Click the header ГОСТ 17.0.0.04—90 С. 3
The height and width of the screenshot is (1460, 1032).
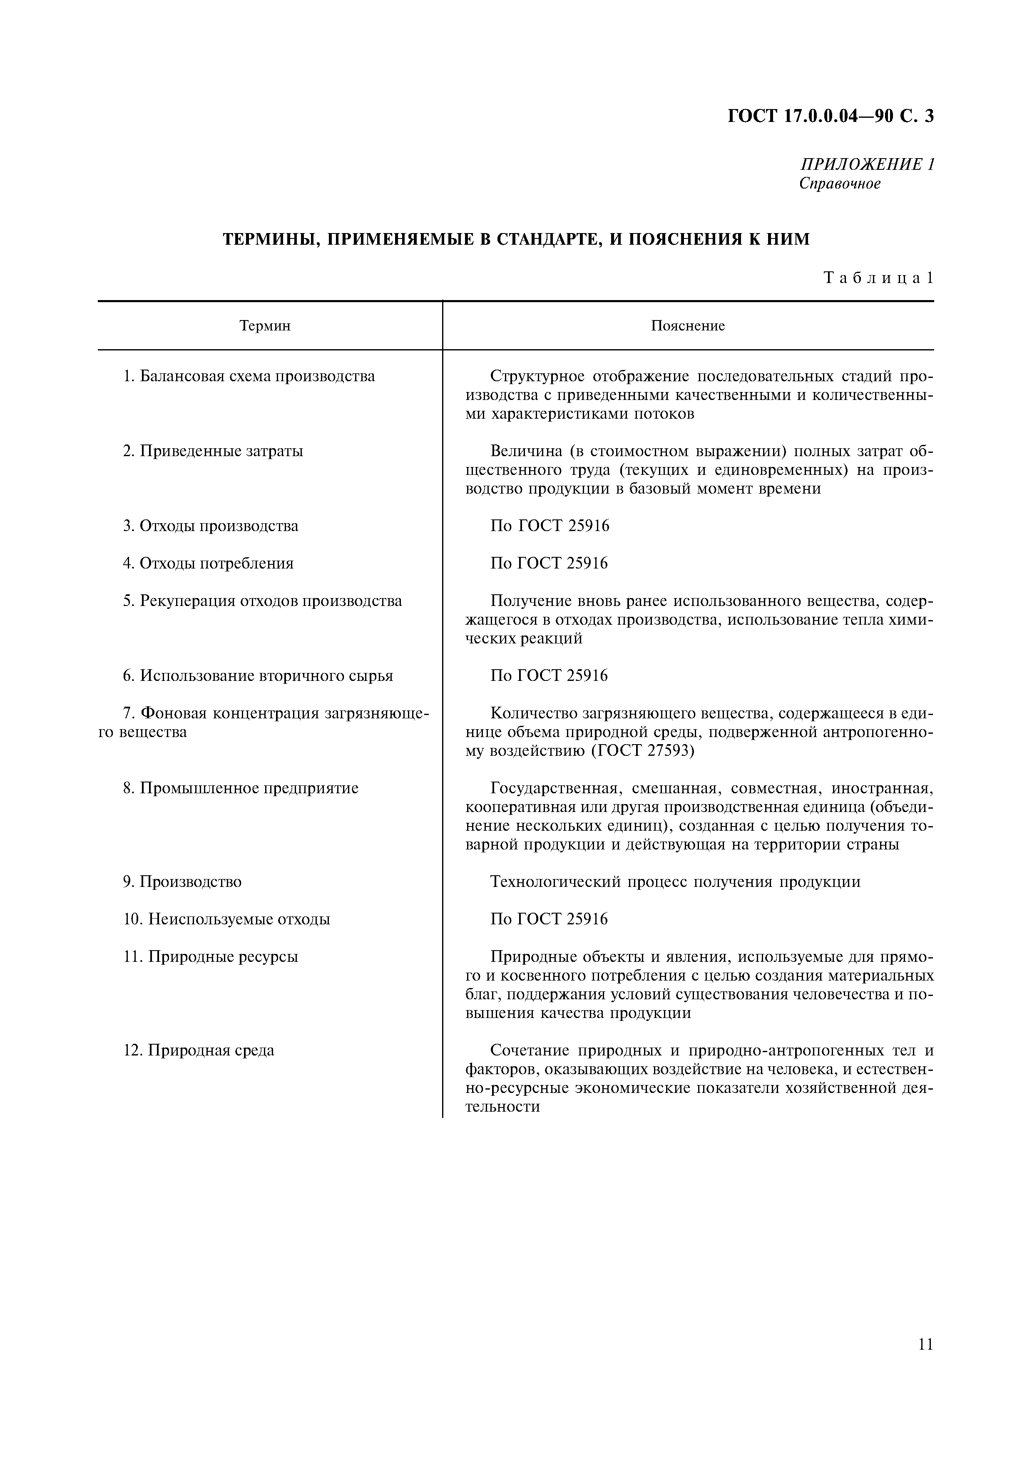pyautogui.click(x=831, y=117)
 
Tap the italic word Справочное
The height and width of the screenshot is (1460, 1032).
pyautogui.click(x=840, y=184)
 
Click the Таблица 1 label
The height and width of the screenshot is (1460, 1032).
pyautogui.click(x=878, y=278)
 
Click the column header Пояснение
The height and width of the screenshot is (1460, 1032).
pyautogui.click(x=687, y=326)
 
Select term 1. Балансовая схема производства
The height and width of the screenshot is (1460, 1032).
pyautogui.click(x=249, y=377)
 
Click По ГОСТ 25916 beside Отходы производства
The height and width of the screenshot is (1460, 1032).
pyautogui.click(x=550, y=526)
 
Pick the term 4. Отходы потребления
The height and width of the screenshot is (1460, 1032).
pyautogui.click(x=208, y=564)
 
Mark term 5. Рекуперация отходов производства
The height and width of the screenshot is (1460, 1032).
pyautogui.click(x=262, y=601)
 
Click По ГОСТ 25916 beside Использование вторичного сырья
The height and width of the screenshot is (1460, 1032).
pyautogui.click(x=550, y=676)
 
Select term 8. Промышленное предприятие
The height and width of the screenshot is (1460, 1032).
pyautogui.click(x=240, y=789)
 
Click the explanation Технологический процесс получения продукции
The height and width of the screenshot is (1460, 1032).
pyautogui.click(x=675, y=882)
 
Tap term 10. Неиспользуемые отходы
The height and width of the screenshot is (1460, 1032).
pyautogui.click(x=226, y=919)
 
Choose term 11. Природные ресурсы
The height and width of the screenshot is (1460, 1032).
pyautogui.click(x=211, y=957)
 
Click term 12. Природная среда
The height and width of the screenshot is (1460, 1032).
pyautogui.click(x=199, y=1050)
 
